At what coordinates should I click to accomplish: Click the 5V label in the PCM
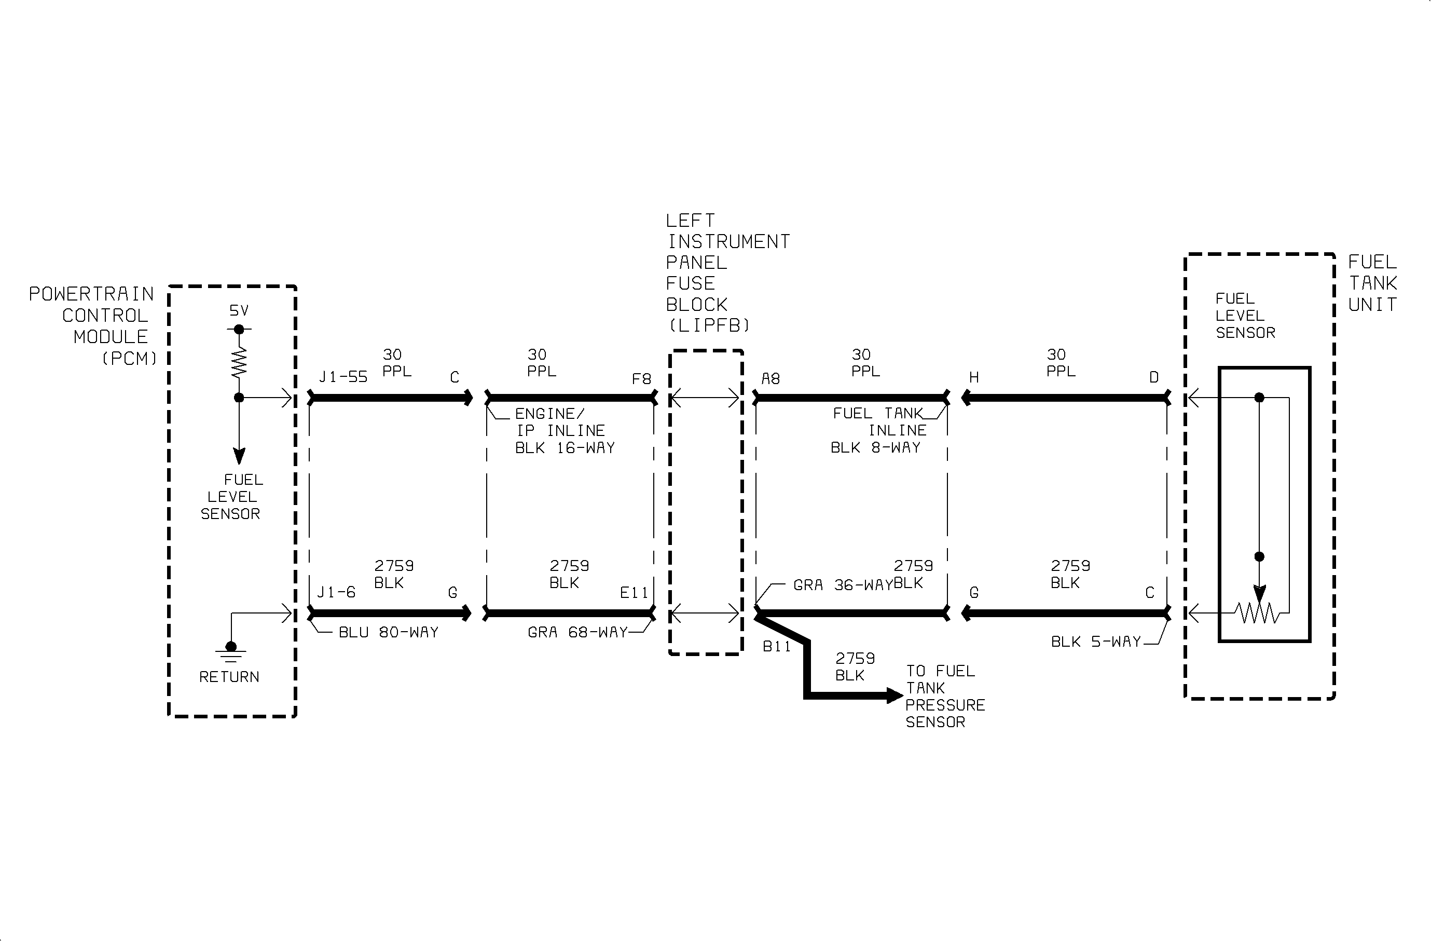tap(239, 310)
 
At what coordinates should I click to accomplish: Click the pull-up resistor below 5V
tap(239, 363)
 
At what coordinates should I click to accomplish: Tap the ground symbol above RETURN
tap(231, 652)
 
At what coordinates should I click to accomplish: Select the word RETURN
tap(229, 677)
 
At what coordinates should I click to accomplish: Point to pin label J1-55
tap(343, 377)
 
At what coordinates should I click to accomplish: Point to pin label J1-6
tap(336, 592)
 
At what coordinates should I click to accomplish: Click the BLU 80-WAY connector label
tap(389, 633)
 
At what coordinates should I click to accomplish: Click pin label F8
tap(641, 379)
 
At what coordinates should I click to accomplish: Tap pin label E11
tap(635, 593)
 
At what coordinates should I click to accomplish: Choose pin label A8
tap(771, 379)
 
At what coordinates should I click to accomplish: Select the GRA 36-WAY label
tap(843, 585)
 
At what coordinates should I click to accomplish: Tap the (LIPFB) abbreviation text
tap(709, 325)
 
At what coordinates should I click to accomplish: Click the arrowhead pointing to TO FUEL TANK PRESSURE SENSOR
tap(895, 695)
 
